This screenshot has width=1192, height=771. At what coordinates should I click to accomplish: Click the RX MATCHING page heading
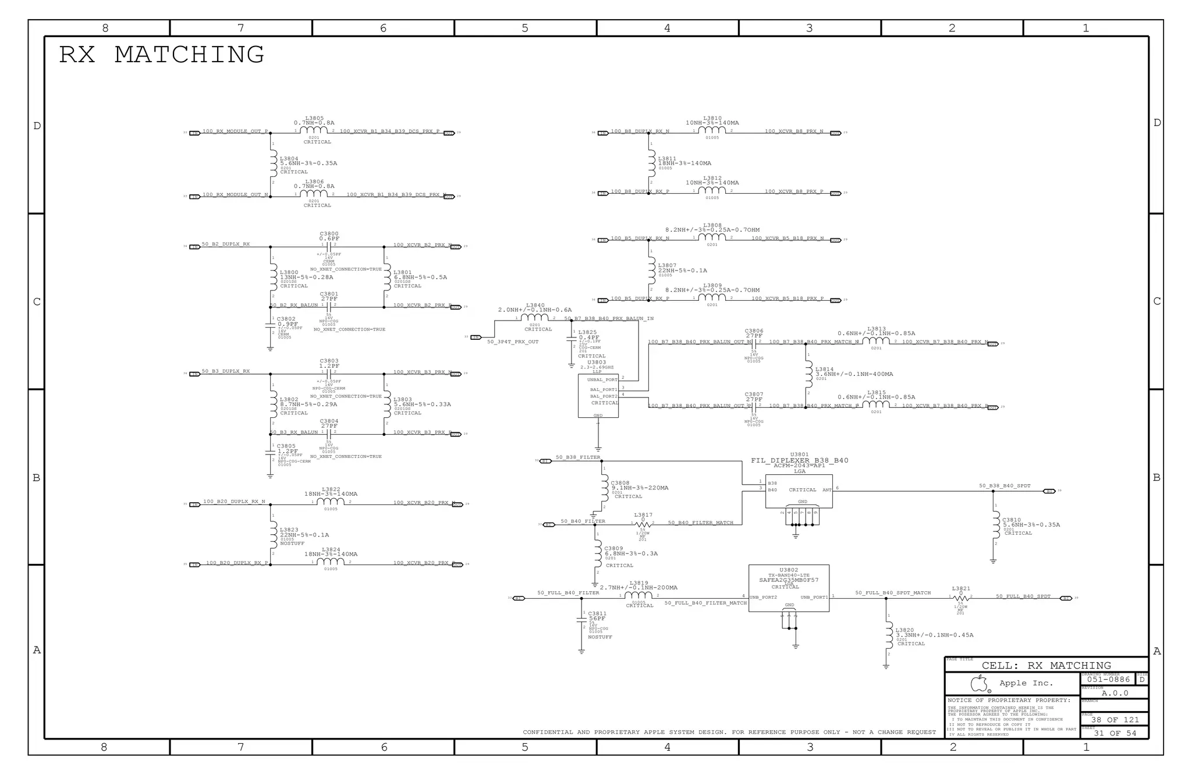(x=162, y=55)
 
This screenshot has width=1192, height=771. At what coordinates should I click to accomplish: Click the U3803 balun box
(x=598, y=396)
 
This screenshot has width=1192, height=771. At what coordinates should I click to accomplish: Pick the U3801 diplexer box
(x=799, y=491)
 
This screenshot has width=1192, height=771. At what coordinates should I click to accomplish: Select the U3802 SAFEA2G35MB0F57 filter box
(x=789, y=588)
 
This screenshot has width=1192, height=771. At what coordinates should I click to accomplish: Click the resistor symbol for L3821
(x=961, y=598)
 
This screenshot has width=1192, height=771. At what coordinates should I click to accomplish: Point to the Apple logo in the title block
(x=980, y=683)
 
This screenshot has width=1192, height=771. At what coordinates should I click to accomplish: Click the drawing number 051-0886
(x=1108, y=679)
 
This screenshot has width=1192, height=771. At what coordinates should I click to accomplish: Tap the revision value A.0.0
(x=1115, y=693)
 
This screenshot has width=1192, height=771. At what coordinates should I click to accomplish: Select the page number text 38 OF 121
(x=1115, y=720)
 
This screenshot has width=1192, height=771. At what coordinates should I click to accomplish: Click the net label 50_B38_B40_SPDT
(x=1005, y=486)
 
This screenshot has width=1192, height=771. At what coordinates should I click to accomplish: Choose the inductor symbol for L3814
(x=808, y=374)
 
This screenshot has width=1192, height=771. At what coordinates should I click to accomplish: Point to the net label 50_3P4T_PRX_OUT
(x=512, y=342)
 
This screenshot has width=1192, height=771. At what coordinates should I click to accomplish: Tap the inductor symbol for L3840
(x=535, y=318)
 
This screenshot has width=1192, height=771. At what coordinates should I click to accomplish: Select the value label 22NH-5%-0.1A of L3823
(x=304, y=535)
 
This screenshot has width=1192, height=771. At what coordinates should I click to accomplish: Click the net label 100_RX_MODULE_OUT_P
(x=235, y=132)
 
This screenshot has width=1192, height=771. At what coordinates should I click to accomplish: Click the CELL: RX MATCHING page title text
(x=1046, y=666)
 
